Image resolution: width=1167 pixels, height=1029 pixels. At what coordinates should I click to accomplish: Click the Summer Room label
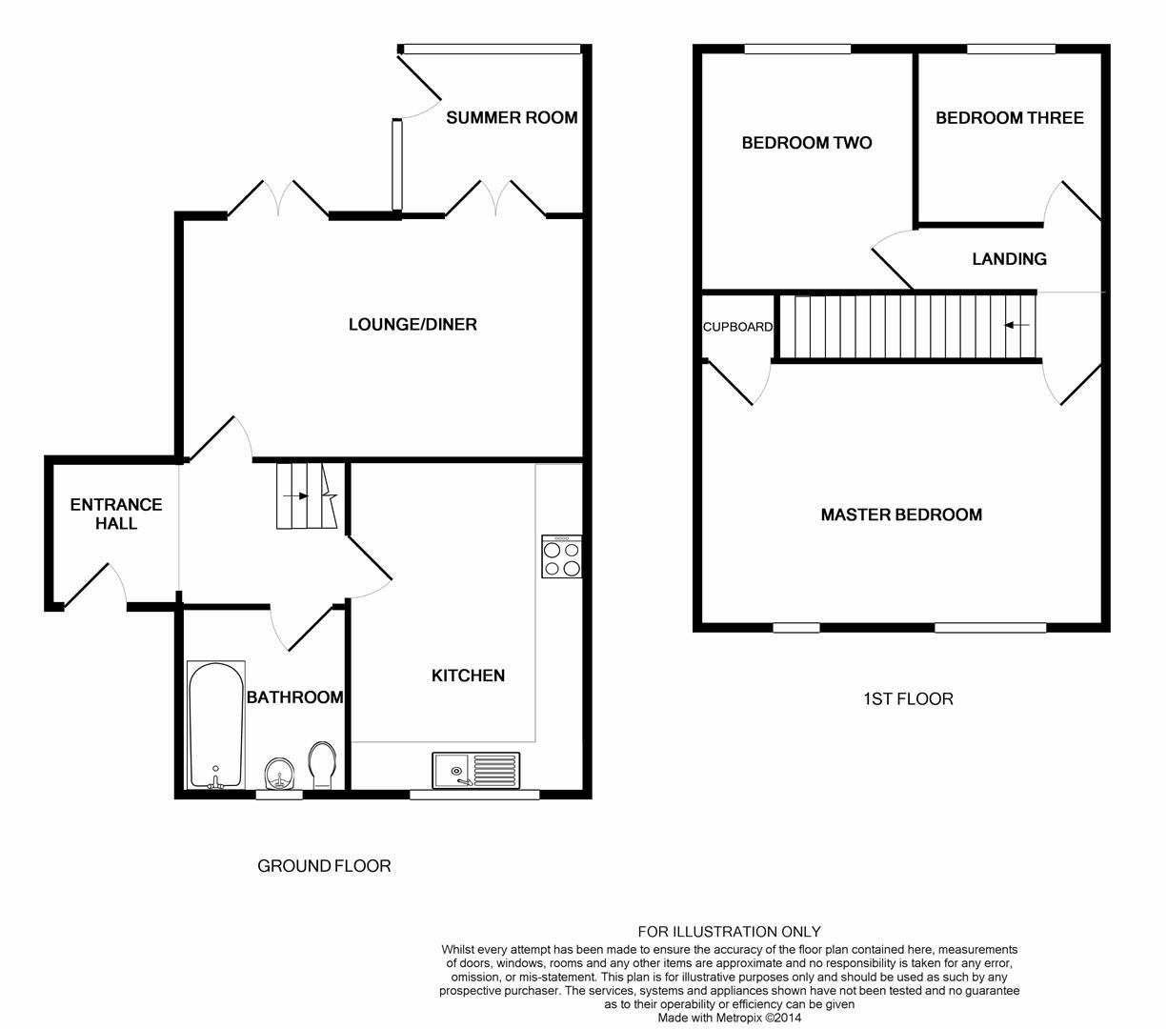pyautogui.click(x=512, y=117)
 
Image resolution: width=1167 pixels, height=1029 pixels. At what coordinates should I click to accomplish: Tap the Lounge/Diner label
pyautogui.click(x=412, y=324)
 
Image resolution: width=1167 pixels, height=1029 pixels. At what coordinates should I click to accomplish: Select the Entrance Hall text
pyautogui.click(x=116, y=514)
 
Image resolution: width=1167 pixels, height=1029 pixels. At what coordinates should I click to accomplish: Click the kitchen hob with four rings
pyautogui.click(x=562, y=556)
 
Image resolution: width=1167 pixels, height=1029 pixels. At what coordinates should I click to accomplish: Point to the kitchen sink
pyautogui.click(x=475, y=770)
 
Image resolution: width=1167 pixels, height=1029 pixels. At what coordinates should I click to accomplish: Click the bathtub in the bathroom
pyautogui.click(x=216, y=725)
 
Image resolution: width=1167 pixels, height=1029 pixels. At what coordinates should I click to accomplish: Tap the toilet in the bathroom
pyautogui.click(x=322, y=765)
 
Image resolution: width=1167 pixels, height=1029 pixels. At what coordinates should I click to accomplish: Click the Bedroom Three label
pyautogui.click(x=1009, y=118)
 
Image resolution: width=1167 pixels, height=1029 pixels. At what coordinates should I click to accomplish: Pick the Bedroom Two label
pyautogui.click(x=806, y=143)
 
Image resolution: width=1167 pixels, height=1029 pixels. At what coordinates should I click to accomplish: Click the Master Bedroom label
pyautogui.click(x=901, y=514)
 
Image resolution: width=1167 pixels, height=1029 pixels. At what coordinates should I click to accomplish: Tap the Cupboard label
pyautogui.click(x=737, y=327)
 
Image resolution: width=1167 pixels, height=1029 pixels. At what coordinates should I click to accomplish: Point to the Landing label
pyautogui.click(x=1009, y=259)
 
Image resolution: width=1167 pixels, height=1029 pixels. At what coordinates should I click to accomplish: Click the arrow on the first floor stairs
pyautogui.click(x=1016, y=325)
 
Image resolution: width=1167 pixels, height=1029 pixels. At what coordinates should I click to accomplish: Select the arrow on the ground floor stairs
pyautogui.click(x=296, y=496)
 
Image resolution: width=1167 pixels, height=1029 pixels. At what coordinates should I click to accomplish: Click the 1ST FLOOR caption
pyautogui.click(x=908, y=699)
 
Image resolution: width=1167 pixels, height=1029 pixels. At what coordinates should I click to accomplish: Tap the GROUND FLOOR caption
pyautogui.click(x=324, y=866)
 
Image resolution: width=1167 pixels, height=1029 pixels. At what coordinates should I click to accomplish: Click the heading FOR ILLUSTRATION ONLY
pyautogui.click(x=729, y=932)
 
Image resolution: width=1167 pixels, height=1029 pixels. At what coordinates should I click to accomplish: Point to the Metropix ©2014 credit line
pyautogui.click(x=729, y=1018)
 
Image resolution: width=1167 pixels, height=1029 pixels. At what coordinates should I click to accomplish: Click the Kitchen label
pyautogui.click(x=468, y=676)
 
